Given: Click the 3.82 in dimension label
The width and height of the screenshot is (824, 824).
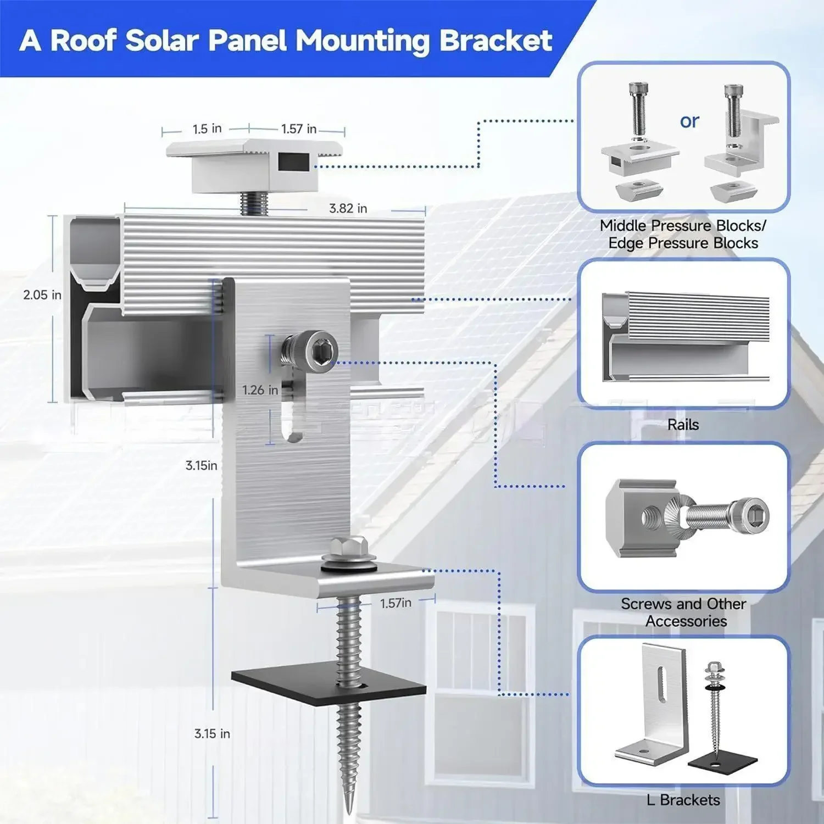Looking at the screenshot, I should [x=348, y=209].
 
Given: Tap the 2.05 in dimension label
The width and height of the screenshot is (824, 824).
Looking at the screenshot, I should [x=42, y=295].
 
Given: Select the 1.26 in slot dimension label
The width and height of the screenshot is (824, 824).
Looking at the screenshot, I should [x=260, y=390].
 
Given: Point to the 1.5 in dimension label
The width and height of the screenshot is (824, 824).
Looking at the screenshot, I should [x=207, y=129].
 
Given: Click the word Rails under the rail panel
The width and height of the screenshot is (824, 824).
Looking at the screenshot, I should [x=683, y=425].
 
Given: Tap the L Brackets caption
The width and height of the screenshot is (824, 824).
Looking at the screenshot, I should [x=683, y=800].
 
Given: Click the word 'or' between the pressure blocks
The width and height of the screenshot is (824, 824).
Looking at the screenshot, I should [x=689, y=121].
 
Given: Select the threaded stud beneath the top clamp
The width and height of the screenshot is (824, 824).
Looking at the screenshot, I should [x=254, y=203].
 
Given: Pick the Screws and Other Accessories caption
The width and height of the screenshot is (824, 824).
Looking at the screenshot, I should [x=683, y=613].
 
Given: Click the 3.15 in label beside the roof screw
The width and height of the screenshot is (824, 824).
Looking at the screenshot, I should [x=212, y=733].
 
